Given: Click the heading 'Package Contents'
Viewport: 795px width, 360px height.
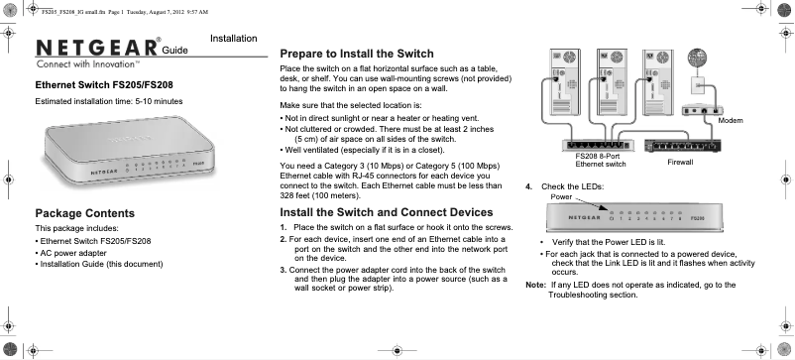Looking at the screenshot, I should (x=85, y=213).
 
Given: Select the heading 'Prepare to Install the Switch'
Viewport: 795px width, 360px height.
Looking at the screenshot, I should (x=372, y=53).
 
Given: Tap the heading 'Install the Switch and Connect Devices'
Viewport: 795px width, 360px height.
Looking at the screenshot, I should (x=387, y=212).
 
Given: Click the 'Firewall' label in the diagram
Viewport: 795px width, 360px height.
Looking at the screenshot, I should (x=680, y=161).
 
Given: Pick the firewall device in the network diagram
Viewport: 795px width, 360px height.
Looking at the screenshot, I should (x=679, y=145).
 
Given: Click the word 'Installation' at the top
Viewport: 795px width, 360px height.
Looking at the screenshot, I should (x=234, y=39).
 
